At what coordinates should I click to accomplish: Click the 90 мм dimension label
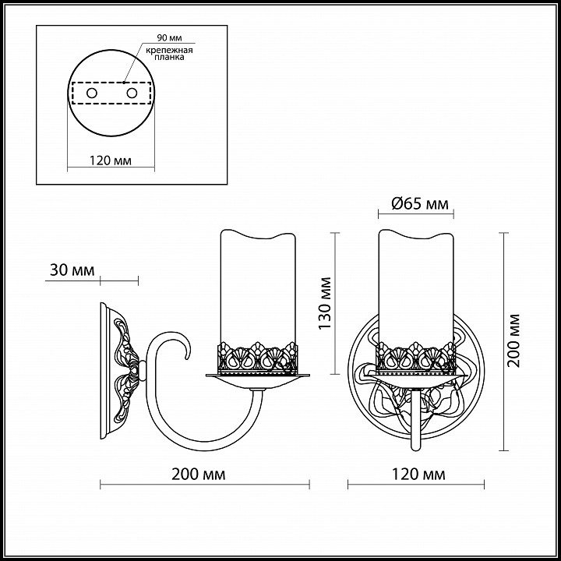pyautogui.click(x=169, y=38)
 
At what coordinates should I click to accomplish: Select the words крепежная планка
pyautogui.click(x=169, y=54)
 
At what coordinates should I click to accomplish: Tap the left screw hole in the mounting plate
pyautogui.click(x=92, y=93)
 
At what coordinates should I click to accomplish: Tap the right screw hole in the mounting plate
pyautogui.click(x=132, y=93)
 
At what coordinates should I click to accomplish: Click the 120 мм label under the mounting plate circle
pyautogui.click(x=110, y=161)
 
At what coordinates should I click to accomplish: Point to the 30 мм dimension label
pyautogui.click(x=72, y=270)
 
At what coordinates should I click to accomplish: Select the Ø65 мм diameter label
pyautogui.click(x=420, y=204)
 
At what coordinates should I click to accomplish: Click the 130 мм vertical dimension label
pyautogui.click(x=325, y=304)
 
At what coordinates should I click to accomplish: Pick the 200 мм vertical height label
pyautogui.click(x=513, y=340)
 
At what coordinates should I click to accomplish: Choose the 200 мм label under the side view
pyautogui.click(x=199, y=475)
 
